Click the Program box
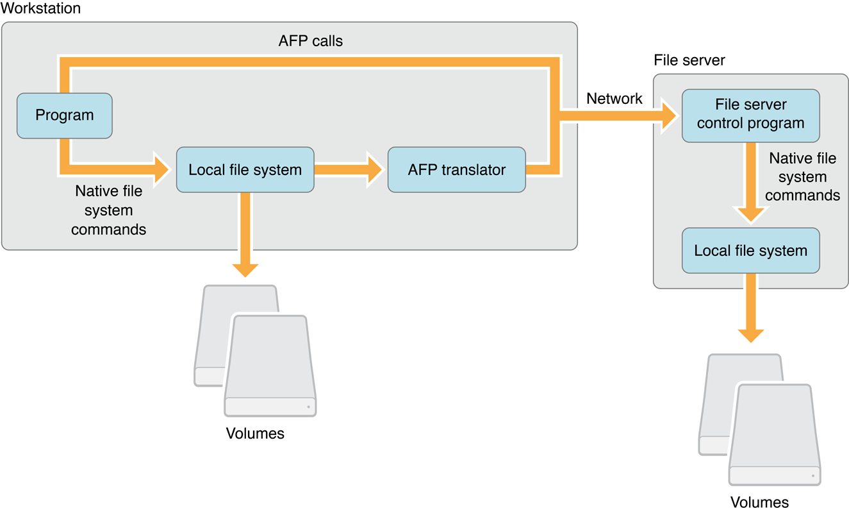click(x=64, y=115)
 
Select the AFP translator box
click(x=456, y=170)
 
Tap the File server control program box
click(x=750, y=114)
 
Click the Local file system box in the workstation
click(x=245, y=170)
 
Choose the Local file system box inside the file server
click(x=750, y=251)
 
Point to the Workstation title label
click(x=41, y=8)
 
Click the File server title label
click(x=689, y=60)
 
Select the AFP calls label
click(x=311, y=41)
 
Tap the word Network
click(x=614, y=98)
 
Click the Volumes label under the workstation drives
click(x=255, y=434)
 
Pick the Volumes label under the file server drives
click(x=759, y=502)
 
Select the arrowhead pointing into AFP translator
click(x=374, y=170)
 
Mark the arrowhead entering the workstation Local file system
click(x=160, y=170)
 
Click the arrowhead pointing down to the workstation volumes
click(x=245, y=268)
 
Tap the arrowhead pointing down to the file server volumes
click(x=750, y=335)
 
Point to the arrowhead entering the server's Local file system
click(x=750, y=214)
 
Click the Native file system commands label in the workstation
click(x=108, y=210)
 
